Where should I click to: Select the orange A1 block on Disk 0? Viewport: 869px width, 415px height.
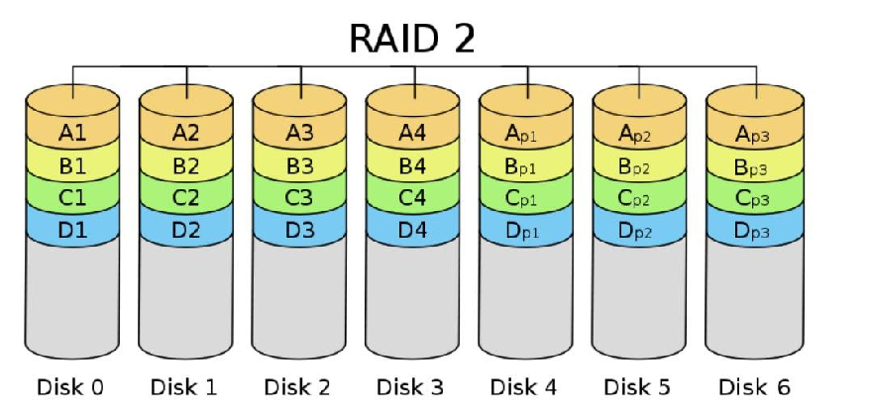[72, 132]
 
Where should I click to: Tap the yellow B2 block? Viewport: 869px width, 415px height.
[185, 164]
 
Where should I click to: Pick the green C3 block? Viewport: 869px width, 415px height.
[299, 197]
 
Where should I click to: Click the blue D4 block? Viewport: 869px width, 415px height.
[412, 231]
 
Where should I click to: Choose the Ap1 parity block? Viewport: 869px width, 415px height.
[525, 132]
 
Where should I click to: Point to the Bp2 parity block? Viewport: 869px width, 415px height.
[639, 164]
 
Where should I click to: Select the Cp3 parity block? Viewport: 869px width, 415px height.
[753, 197]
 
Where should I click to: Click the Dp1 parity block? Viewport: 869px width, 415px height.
[525, 231]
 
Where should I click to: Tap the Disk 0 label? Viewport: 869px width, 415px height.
[71, 386]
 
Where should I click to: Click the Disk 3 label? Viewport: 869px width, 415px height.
[412, 386]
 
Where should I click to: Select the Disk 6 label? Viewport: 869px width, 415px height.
[754, 386]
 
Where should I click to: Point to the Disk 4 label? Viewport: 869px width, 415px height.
[526, 386]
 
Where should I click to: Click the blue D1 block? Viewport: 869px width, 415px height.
[72, 231]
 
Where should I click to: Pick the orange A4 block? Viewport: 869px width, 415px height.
[412, 132]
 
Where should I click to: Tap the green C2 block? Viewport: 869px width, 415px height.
[185, 197]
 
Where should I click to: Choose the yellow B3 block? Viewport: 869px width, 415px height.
[299, 164]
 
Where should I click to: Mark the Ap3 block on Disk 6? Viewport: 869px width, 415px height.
[753, 132]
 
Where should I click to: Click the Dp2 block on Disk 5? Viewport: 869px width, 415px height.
[639, 231]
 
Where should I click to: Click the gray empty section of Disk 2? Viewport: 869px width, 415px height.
[299, 297]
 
